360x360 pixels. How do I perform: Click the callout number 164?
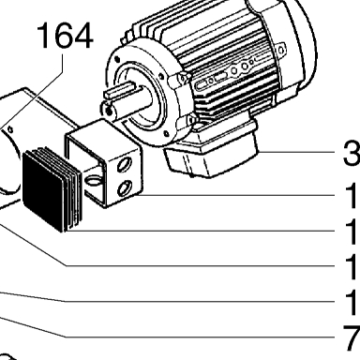[65, 36]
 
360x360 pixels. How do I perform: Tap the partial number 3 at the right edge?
[352, 154]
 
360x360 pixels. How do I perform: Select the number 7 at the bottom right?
[352, 337]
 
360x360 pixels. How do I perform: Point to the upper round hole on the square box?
[123, 164]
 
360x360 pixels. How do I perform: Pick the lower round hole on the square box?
[123, 188]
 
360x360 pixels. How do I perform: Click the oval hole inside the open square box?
[93, 180]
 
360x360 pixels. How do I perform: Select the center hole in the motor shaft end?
[109, 110]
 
